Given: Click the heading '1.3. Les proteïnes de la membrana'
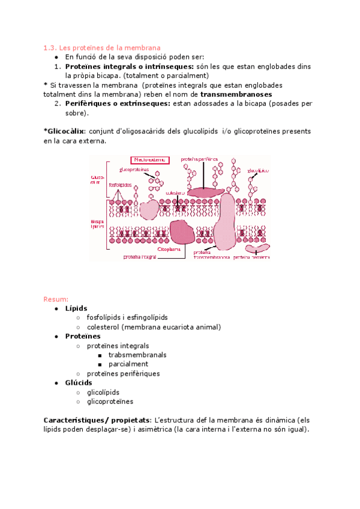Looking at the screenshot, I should (102, 47).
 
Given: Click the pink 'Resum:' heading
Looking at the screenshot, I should (56, 298).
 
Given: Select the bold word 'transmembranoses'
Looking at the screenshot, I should (236, 94).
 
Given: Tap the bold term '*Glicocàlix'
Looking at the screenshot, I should (65, 131).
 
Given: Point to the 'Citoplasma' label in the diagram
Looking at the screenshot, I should (170, 248).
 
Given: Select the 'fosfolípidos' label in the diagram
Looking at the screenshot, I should (121, 185).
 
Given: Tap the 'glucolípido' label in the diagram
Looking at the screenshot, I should (257, 170).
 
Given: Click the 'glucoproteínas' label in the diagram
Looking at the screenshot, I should (134, 170).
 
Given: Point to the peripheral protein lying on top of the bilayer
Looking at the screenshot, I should (205, 191).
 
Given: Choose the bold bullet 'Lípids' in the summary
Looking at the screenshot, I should (76, 308).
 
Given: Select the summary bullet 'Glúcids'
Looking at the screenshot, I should (79, 382).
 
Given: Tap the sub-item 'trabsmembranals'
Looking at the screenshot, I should (137, 355).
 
